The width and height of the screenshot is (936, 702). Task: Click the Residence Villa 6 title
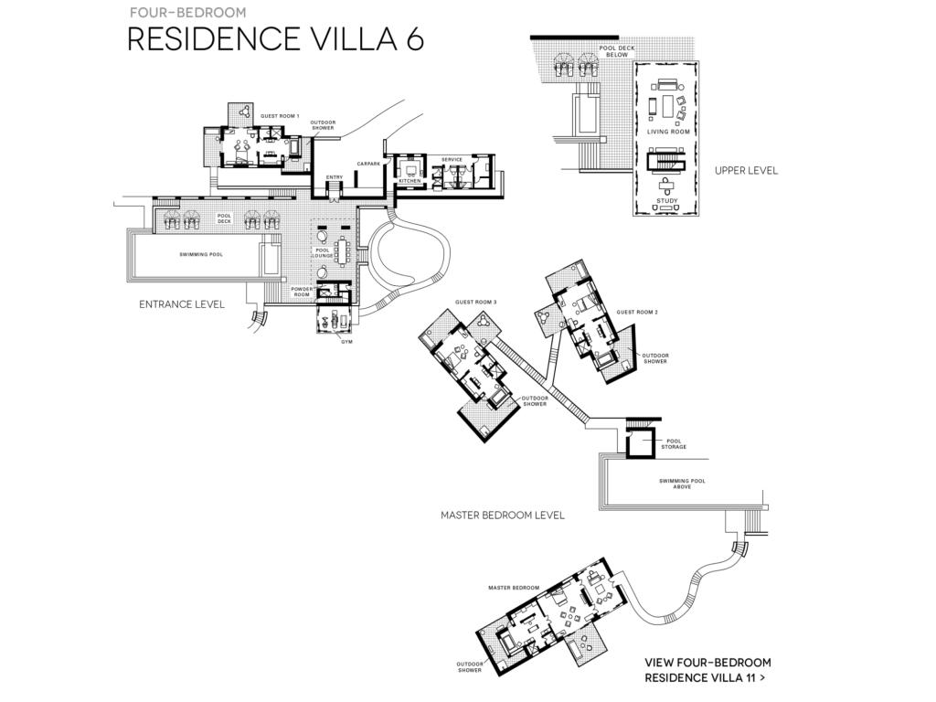click(276, 39)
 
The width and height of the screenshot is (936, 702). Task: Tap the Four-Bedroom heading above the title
click(188, 13)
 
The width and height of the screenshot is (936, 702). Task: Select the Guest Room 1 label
click(280, 116)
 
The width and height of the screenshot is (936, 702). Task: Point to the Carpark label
click(368, 164)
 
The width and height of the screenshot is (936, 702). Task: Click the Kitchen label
click(410, 181)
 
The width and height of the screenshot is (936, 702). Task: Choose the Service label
click(452, 159)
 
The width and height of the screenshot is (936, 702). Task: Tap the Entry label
click(335, 177)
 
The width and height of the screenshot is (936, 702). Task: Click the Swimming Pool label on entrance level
click(201, 254)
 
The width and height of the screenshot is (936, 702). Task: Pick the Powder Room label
click(302, 292)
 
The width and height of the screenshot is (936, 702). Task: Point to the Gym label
click(346, 342)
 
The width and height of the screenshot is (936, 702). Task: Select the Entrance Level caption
click(182, 304)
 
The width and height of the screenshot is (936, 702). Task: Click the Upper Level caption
click(746, 171)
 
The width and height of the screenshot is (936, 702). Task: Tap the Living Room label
click(668, 132)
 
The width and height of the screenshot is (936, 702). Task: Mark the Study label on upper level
click(667, 201)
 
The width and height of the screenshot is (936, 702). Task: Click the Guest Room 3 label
click(475, 302)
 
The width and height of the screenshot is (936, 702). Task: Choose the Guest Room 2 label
click(637, 313)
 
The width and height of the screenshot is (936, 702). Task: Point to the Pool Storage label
click(674, 444)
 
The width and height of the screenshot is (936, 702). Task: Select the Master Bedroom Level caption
click(503, 516)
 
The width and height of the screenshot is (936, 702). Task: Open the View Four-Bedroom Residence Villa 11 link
click(708, 670)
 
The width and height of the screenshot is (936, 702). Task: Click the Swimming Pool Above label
click(682, 484)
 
